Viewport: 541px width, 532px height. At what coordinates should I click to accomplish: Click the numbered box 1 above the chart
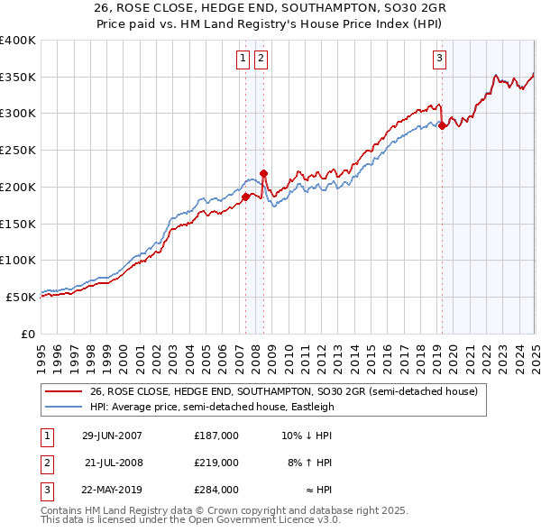coord(243,60)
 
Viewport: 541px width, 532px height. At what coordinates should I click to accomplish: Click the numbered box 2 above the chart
coord(261,60)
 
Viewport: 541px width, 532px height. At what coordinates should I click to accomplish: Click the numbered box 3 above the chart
coord(439,60)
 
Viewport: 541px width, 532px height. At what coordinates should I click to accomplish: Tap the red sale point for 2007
coord(245,196)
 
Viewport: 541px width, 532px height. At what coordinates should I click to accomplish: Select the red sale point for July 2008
coord(263,172)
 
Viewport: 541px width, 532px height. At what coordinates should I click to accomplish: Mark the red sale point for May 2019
coord(442,125)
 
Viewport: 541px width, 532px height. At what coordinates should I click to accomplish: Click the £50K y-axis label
coord(21,297)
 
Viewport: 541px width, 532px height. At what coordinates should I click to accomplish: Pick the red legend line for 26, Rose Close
coord(63,390)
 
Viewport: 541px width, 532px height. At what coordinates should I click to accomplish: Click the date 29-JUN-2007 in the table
coord(112,436)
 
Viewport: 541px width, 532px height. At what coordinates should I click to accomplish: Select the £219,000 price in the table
coord(216,463)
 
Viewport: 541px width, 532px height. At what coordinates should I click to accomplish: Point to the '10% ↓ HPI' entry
coord(307,436)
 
